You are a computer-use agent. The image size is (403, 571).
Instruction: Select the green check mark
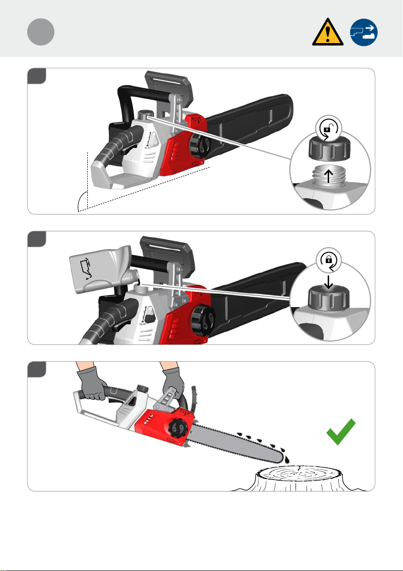tap(341, 432)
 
